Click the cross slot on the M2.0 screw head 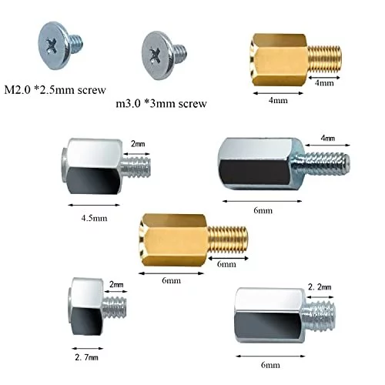(52, 46)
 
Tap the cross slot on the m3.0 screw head (154, 55)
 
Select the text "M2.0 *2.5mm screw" (55, 89)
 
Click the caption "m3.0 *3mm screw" (161, 103)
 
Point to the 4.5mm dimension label (94, 219)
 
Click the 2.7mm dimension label (86, 357)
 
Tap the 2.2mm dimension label (320, 286)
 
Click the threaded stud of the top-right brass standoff (324, 59)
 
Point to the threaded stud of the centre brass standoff (228, 240)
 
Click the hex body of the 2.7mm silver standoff (85, 306)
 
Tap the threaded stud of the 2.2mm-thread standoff (319, 316)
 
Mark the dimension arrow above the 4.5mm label (94, 205)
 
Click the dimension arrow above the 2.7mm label (88, 348)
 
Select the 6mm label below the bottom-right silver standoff (270, 365)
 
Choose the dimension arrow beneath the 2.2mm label (320, 297)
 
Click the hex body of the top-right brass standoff (280, 60)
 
